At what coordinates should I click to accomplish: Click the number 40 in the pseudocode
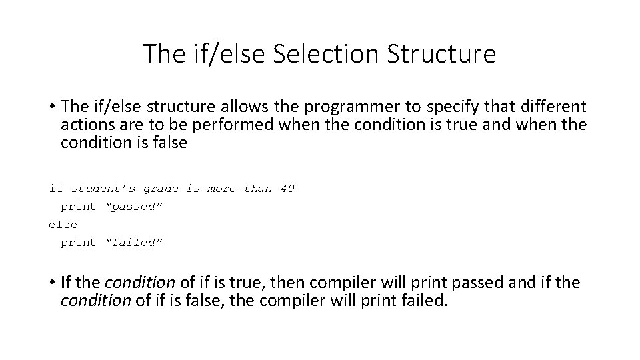(x=287, y=189)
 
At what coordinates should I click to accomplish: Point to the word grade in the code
(x=161, y=189)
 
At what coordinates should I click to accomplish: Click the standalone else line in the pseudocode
(x=63, y=225)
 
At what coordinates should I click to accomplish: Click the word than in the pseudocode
(x=258, y=189)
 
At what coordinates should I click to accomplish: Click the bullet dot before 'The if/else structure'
(x=51, y=107)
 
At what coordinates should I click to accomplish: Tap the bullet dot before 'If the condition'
(x=51, y=283)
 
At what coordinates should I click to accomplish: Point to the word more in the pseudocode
(x=222, y=189)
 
